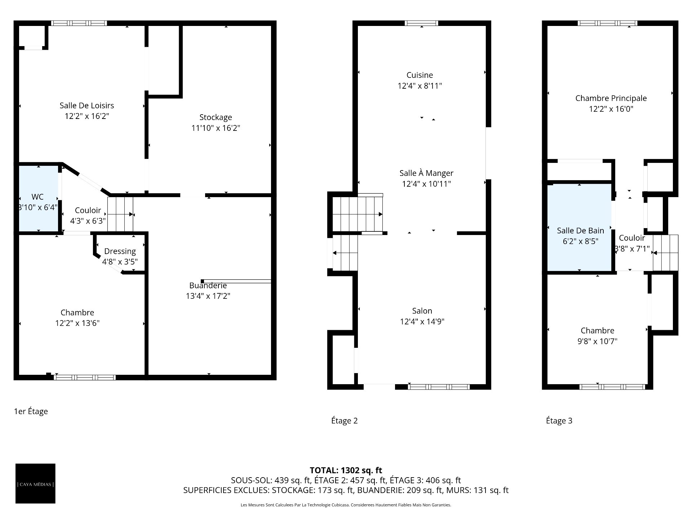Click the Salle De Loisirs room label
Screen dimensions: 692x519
coord(87,106)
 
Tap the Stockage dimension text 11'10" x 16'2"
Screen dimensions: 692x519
coord(216,128)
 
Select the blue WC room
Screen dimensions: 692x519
coord(38,199)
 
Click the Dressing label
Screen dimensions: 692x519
coord(120,251)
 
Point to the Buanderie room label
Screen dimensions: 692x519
coord(208,285)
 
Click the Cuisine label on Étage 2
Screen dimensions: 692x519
coord(420,75)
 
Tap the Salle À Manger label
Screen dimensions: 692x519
coord(426,173)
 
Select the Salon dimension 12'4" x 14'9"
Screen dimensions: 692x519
coord(422,321)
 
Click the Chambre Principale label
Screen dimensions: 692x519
coord(611,98)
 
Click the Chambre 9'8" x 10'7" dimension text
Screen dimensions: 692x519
coord(597,341)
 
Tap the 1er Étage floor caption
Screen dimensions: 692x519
coord(31,411)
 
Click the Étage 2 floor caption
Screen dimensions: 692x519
coord(344,421)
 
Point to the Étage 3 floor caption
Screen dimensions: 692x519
coord(559,421)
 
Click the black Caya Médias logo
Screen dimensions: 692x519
coord(35,483)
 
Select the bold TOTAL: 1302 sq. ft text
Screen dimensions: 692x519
coord(346,470)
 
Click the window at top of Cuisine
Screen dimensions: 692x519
coord(421,23)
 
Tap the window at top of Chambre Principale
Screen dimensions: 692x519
coord(607,23)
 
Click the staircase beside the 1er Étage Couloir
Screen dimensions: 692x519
coord(120,214)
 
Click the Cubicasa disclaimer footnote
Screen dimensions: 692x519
coord(346,505)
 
